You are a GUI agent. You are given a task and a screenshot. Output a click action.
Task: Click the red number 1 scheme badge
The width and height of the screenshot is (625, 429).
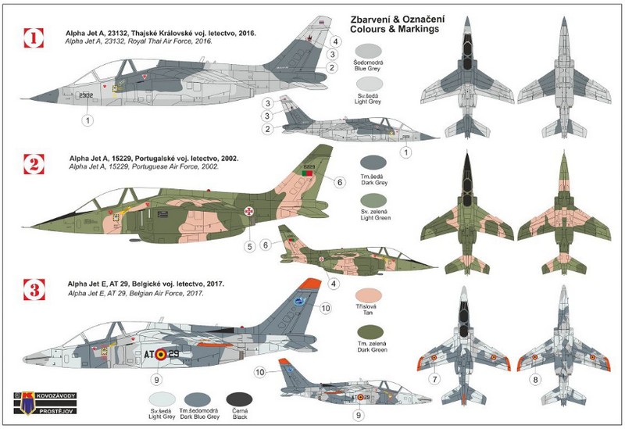click(x=33, y=37)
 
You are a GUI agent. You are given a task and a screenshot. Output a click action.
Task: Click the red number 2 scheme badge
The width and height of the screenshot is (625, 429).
click(x=33, y=165)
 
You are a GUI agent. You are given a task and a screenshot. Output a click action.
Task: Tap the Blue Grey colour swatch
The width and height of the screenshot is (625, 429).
click(x=371, y=55)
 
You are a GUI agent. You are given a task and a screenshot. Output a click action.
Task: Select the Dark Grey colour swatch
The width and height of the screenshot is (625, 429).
click(x=371, y=166)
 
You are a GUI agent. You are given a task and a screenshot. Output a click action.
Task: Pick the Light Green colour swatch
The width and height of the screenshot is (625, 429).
click(x=371, y=206)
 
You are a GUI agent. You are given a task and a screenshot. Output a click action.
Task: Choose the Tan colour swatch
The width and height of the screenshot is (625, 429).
click(x=371, y=299)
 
